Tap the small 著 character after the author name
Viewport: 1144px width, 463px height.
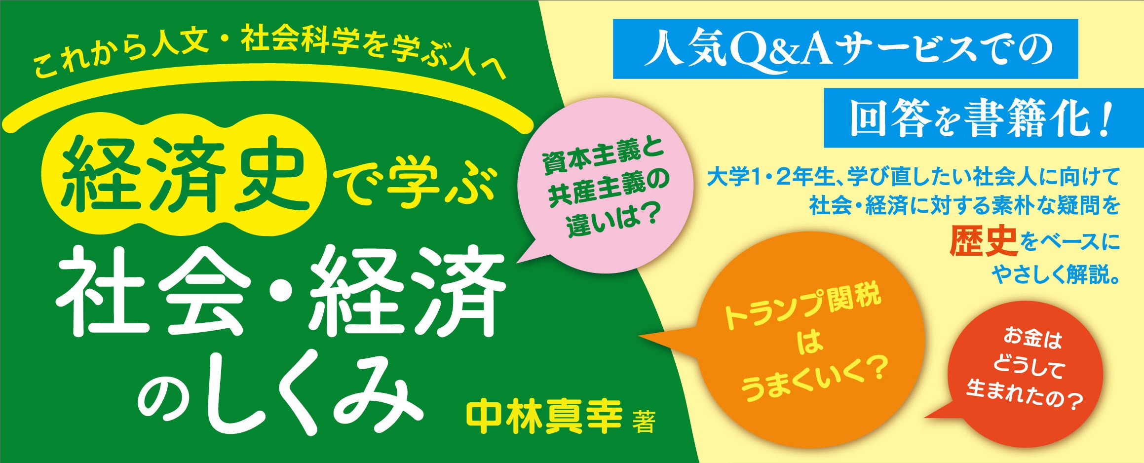point(645,424)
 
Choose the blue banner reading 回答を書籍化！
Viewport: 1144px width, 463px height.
point(983,119)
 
